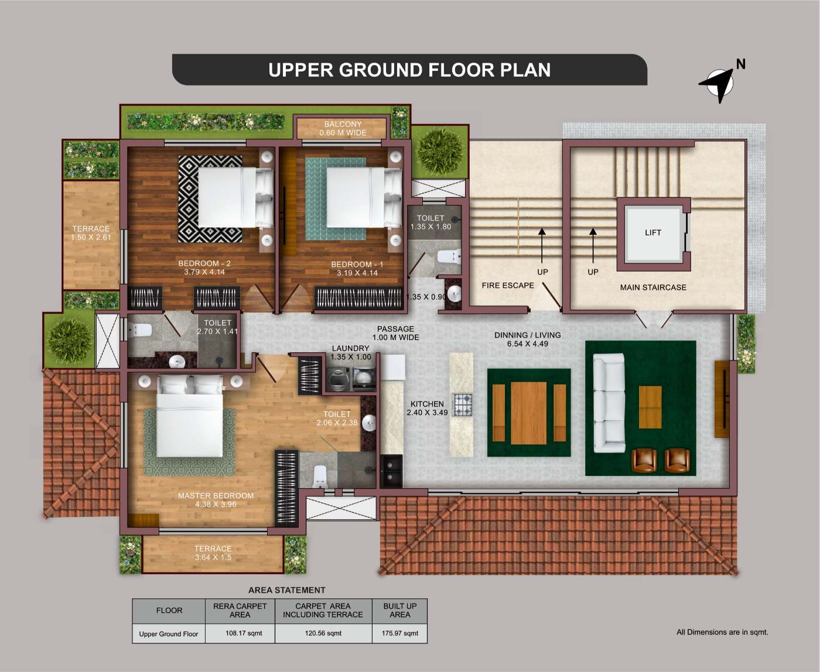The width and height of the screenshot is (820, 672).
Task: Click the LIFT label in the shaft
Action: pyautogui.click(x=653, y=232)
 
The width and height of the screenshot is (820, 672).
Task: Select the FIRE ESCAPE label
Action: pyautogui.click(x=508, y=285)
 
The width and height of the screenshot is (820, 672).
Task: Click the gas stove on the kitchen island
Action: pyautogui.click(x=462, y=404)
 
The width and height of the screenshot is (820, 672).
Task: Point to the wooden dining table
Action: pyautogui.click(x=529, y=413)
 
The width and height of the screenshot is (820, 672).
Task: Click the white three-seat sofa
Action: pyautogui.click(x=609, y=403)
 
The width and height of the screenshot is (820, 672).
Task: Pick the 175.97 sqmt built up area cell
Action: pyautogui.click(x=399, y=633)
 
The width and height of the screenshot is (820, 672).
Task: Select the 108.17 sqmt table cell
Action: pyautogui.click(x=244, y=633)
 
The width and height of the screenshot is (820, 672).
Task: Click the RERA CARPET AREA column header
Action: pyautogui.click(x=240, y=610)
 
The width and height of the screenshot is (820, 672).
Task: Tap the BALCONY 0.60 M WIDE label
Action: pyautogui.click(x=343, y=128)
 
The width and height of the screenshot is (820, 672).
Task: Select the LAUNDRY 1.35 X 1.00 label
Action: pyautogui.click(x=351, y=352)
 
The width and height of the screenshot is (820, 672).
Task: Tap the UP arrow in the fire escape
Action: pyautogui.click(x=542, y=245)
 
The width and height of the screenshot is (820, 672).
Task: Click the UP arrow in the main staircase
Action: pyautogui.click(x=593, y=245)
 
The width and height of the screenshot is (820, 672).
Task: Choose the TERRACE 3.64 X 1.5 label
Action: pyautogui.click(x=213, y=553)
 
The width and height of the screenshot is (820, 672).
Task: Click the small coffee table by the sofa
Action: pyautogui.click(x=650, y=407)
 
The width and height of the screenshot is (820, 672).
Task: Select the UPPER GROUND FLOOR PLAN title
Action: pyautogui.click(x=409, y=70)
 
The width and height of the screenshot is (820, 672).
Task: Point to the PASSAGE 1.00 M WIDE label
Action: pyautogui.click(x=395, y=333)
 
